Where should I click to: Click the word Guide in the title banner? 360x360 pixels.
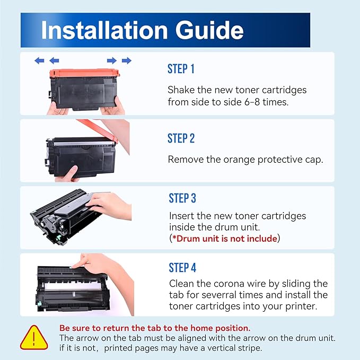click(209, 31)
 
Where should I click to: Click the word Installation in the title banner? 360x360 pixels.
click(104, 30)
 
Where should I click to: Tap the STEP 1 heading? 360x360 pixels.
click(181, 69)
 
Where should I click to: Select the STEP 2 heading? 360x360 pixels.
click(181, 138)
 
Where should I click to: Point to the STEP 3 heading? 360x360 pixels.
click(182, 198)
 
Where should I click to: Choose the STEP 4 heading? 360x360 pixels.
click(182, 267)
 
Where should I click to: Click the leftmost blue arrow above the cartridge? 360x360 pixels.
click(39, 60)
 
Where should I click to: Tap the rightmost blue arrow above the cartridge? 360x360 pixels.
click(127, 60)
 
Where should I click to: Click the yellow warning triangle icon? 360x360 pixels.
click(34, 338)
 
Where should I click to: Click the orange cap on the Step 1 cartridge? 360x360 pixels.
click(84, 73)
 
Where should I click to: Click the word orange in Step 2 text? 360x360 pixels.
click(239, 160)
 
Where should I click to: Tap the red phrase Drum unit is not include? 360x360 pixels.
click(227, 239)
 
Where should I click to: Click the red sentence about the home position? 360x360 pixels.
click(155, 328)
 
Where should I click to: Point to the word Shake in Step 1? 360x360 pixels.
click(181, 90)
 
